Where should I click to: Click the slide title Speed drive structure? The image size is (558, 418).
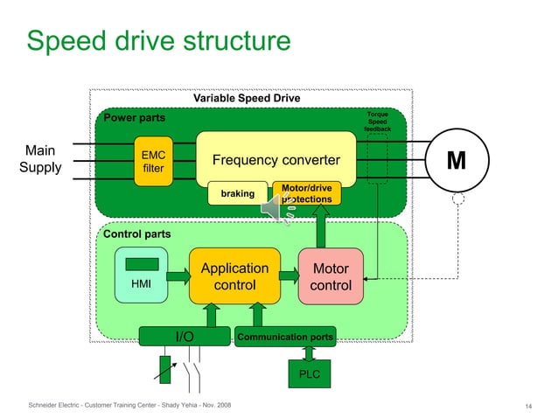[158, 40]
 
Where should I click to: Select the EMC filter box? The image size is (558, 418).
[153, 161]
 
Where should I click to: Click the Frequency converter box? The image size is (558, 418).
[276, 160]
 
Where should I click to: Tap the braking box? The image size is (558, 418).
[237, 194]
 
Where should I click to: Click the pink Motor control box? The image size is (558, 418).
[331, 277]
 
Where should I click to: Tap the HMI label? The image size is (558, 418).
[141, 284]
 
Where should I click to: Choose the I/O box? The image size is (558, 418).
[185, 337]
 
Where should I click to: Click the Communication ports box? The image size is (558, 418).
[285, 337]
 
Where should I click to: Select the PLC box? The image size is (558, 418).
[310, 374]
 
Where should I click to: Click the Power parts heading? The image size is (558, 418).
[135, 117]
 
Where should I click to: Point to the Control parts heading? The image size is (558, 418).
[137, 234]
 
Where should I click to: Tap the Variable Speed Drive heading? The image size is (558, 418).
[247, 98]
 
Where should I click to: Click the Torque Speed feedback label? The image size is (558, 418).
[378, 122]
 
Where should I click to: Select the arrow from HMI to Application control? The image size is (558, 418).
[178, 276]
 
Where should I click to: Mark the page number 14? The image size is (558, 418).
[528, 407]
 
